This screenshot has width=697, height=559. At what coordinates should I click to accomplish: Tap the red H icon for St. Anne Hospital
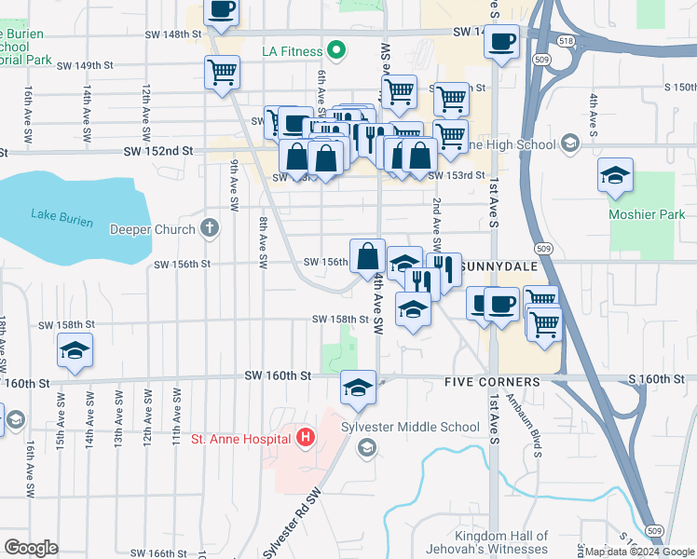click(x=305, y=436)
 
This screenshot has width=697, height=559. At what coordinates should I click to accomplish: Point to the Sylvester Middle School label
click(x=420, y=427)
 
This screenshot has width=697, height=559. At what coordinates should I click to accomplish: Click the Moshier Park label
click(x=647, y=214)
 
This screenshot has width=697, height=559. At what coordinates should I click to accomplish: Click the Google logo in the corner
click(x=31, y=548)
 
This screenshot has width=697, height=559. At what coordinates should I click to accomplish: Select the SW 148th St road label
click(x=173, y=34)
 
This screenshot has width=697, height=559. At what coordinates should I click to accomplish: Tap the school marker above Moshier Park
click(x=615, y=176)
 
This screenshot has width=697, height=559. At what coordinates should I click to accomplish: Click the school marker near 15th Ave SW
click(x=75, y=350)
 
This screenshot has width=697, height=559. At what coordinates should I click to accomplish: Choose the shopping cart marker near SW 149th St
click(x=223, y=72)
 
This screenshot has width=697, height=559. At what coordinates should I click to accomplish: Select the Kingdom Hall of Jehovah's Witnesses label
click(x=511, y=544)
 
